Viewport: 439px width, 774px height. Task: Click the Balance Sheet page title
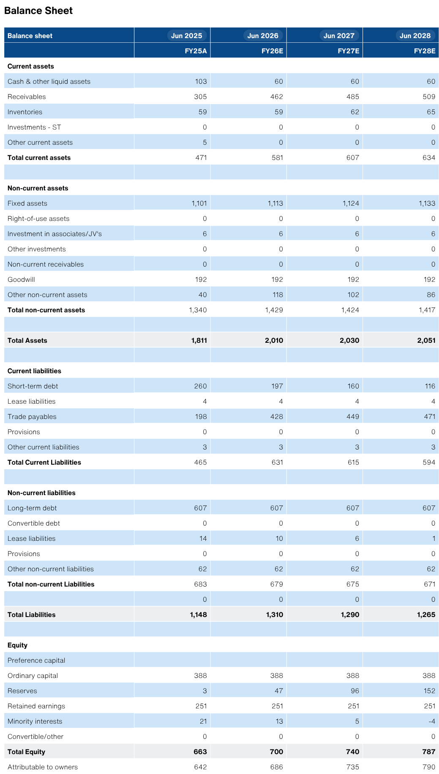tap(38, 11)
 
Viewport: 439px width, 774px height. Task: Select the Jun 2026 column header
tap(263, 36)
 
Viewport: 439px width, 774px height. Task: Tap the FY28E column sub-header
tap(425, 51)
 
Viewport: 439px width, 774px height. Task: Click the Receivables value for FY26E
tap(277, 96)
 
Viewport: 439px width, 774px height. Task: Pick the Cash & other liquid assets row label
tap(49, 81)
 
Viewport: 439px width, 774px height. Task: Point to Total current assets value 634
tap(429, 157)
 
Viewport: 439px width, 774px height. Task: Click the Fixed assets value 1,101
tap(199, 203)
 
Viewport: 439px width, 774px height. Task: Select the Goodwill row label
tap(21, 279)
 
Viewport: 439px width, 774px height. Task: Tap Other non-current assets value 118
tap(277, 295)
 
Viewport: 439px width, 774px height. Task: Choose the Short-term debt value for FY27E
tap(353, 386)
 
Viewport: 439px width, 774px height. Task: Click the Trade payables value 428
tap(277, 416)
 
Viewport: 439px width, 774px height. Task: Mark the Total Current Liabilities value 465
tap(201, 462)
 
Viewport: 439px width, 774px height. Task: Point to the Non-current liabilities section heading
tap(41, 493)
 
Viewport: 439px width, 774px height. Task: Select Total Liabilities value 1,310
tap(275, 614)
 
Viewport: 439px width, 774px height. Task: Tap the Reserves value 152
tap(429, 691)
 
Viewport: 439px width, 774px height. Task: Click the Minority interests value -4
tap(432, 721)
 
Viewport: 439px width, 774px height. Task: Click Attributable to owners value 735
tap(353, 767)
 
